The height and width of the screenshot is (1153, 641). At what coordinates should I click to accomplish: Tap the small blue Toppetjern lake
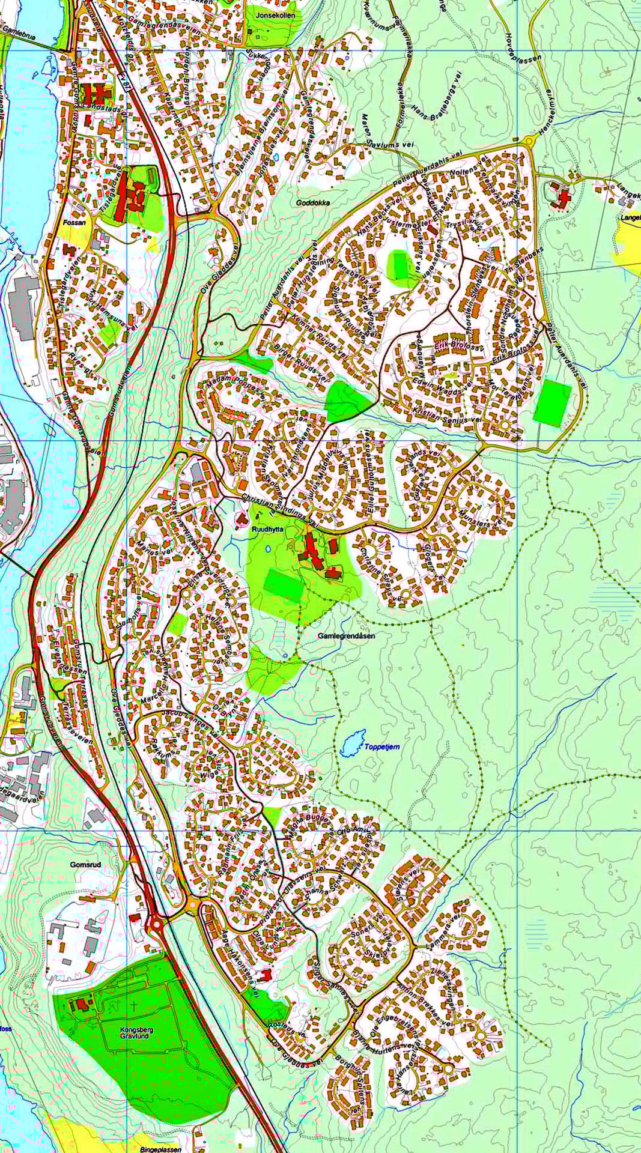click(352, 743)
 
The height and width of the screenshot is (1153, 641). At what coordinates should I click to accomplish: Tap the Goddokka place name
click(313, 203)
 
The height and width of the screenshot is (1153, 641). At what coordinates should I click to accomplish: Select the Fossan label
click(74, 222)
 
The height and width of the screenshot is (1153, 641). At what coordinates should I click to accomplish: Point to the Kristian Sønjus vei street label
click(448, 414)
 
